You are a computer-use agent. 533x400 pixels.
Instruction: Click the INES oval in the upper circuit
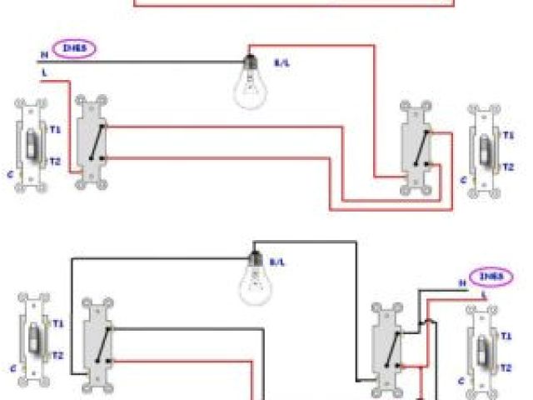click(x=75, y=49)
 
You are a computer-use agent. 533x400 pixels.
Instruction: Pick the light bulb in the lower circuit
click(x=256, y=278)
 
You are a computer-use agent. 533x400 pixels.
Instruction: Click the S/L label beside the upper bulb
click(x=282, y=63)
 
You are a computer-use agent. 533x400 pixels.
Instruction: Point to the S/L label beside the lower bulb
click(x=276, y=262)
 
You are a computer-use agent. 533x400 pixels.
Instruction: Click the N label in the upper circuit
click(x=43, y=55)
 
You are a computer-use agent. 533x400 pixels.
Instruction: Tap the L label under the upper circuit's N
click(x=43, y=73)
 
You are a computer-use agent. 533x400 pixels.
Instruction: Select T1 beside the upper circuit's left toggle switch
click(x=54, y=131)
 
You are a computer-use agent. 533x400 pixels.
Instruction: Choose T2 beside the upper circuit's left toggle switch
click(x=54, y=161)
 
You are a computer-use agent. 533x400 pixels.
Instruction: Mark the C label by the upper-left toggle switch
click(x=9, y=175)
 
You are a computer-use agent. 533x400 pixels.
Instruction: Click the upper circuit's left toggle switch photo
click(x=31, y=146)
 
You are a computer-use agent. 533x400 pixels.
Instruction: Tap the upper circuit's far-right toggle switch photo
click(x=483, y=151)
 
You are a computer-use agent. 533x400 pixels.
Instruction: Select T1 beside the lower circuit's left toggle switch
click(x=58, y=324)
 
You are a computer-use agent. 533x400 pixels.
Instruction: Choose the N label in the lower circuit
click(x=463, y=283)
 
